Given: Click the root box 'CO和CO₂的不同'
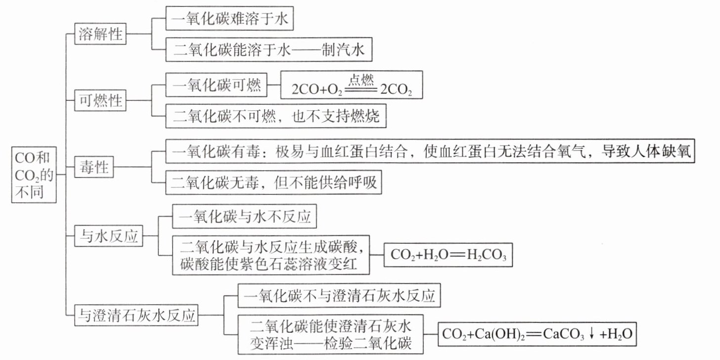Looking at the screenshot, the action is tap(34, 175).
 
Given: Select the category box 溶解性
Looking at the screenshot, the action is tap(100, 34).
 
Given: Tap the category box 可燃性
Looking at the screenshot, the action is tap(100, 100).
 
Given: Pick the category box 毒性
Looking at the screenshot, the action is tap(94, 167).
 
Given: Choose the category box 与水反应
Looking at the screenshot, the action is tap(109, 236).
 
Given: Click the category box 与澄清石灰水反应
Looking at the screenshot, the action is tap(136, 315).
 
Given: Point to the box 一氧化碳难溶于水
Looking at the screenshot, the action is tap(229, 18).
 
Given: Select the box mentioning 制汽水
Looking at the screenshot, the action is tap(269, 49).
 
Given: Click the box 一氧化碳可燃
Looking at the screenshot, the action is tap(216, 85).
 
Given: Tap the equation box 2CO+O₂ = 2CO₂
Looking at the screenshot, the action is tap(352, 85).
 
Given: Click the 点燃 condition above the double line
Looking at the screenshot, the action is tap(361, 80).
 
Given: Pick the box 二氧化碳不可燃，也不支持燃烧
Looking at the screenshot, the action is tap(276, 116).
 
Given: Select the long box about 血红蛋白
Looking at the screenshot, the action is tap(430, 151).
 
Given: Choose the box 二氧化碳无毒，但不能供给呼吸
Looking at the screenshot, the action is tap(273, 182).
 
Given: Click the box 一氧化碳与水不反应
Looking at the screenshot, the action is tap(244, 216).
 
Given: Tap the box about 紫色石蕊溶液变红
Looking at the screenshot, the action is tap(271, 255).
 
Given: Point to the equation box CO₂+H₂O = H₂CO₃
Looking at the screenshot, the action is tap(448, 255).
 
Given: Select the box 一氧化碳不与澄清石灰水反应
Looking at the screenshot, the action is tap(339, 295).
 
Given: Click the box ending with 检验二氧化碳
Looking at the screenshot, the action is tap(330, 334).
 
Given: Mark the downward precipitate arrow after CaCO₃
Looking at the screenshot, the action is tap(591, 334).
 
